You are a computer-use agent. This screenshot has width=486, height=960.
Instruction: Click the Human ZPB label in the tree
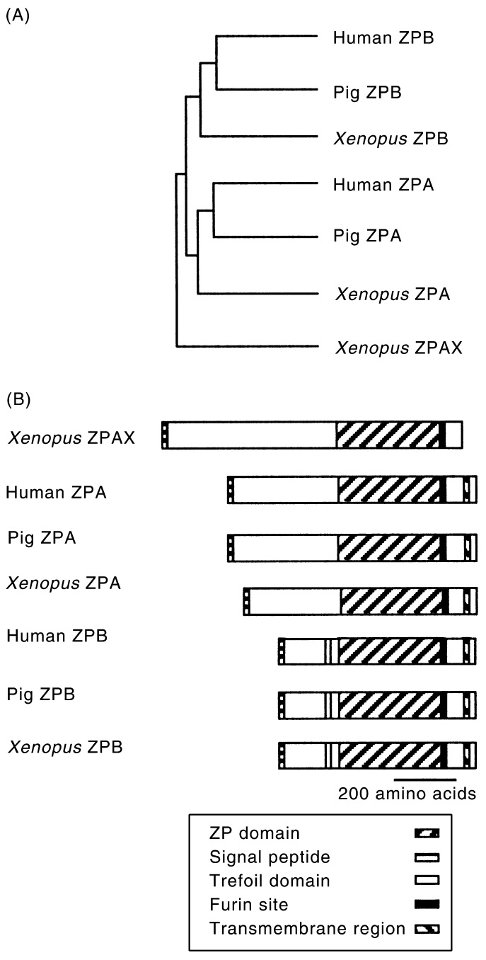point(383,37)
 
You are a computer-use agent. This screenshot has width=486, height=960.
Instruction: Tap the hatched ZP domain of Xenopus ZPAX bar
point(388,434)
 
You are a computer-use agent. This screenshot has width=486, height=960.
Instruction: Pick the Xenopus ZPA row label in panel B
point(64,584)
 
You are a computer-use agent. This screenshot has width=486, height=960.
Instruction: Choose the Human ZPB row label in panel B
point(57,635)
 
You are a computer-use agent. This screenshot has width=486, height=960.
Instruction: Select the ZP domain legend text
point(245,833)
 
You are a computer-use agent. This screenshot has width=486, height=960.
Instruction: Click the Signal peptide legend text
point(260,857)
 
